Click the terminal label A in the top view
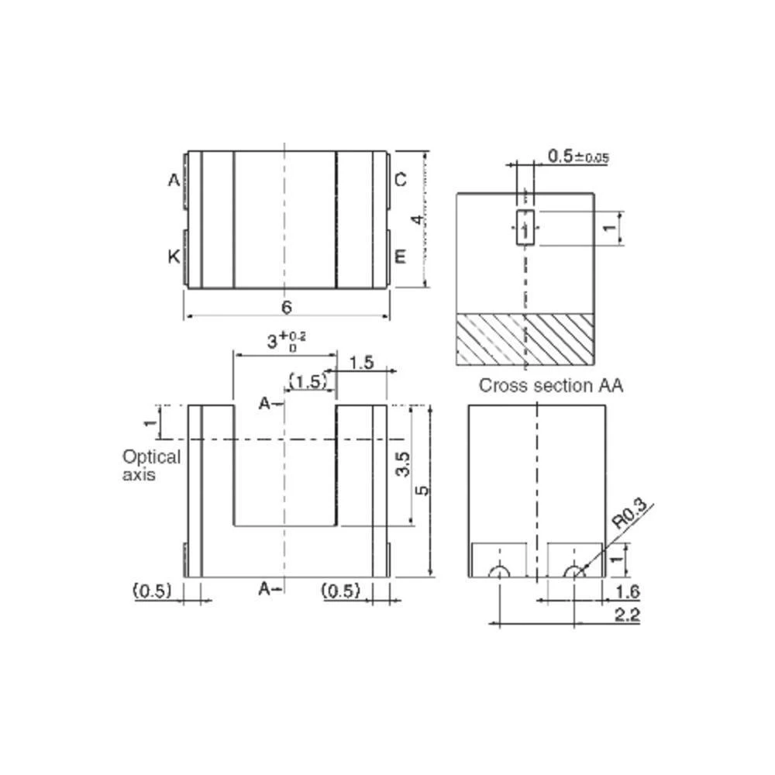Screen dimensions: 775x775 [174, 181]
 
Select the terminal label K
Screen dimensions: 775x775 [174, 257]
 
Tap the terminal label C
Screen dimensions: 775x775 [400, 181]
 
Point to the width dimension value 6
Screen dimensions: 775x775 [286, 308]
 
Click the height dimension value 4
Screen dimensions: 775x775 [417, 219]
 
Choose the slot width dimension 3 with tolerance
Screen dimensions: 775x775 [286, 340]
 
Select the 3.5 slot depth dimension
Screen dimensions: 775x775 [401, 465]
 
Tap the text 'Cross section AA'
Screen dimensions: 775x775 [550, 385]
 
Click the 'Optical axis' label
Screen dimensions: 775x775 [150, 465]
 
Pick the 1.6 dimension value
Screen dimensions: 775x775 [626, 592]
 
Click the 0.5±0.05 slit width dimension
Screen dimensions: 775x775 [577, 157]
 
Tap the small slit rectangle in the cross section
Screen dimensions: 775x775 [525, 228]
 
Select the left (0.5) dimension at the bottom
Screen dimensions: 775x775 [152, 591]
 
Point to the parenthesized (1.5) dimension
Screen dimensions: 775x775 [307, 381]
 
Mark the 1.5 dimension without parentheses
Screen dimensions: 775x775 [361, 362]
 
